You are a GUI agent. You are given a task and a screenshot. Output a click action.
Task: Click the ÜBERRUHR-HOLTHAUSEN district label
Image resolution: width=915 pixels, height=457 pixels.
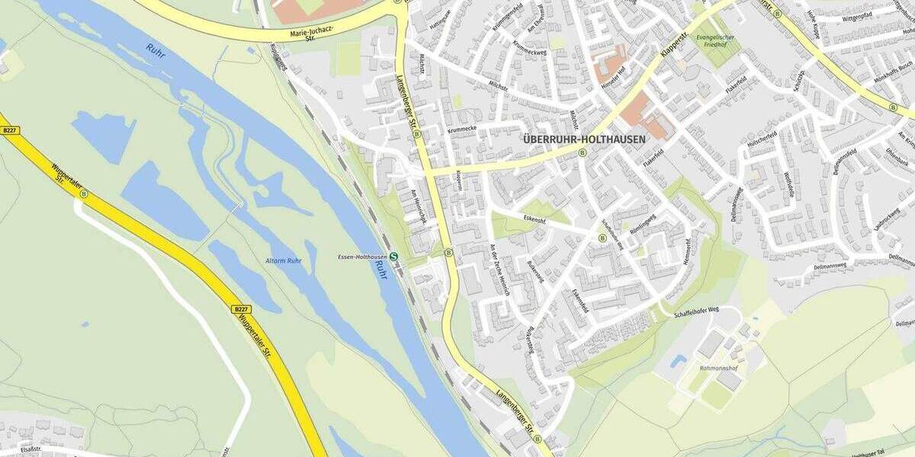(x=584, y=139)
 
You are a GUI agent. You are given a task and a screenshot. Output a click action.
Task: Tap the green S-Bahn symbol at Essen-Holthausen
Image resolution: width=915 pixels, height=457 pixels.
(x=393, y=257)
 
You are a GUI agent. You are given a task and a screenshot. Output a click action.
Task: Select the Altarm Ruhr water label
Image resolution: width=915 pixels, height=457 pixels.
(x=283, y=260)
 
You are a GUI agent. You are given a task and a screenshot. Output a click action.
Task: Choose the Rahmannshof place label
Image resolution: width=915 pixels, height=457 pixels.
(x=718, y=368)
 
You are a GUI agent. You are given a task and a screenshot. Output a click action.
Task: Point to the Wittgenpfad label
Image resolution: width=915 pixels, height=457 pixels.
(x=857, y=16)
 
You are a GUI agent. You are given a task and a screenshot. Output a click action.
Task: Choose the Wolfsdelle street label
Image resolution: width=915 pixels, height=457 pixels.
(x=788, y=186)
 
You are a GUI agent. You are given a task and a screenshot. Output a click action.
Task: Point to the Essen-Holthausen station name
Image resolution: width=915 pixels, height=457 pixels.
(x=362, y=257)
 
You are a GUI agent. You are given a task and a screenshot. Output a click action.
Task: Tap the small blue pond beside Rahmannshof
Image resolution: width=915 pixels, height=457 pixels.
(x=678, y=360)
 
